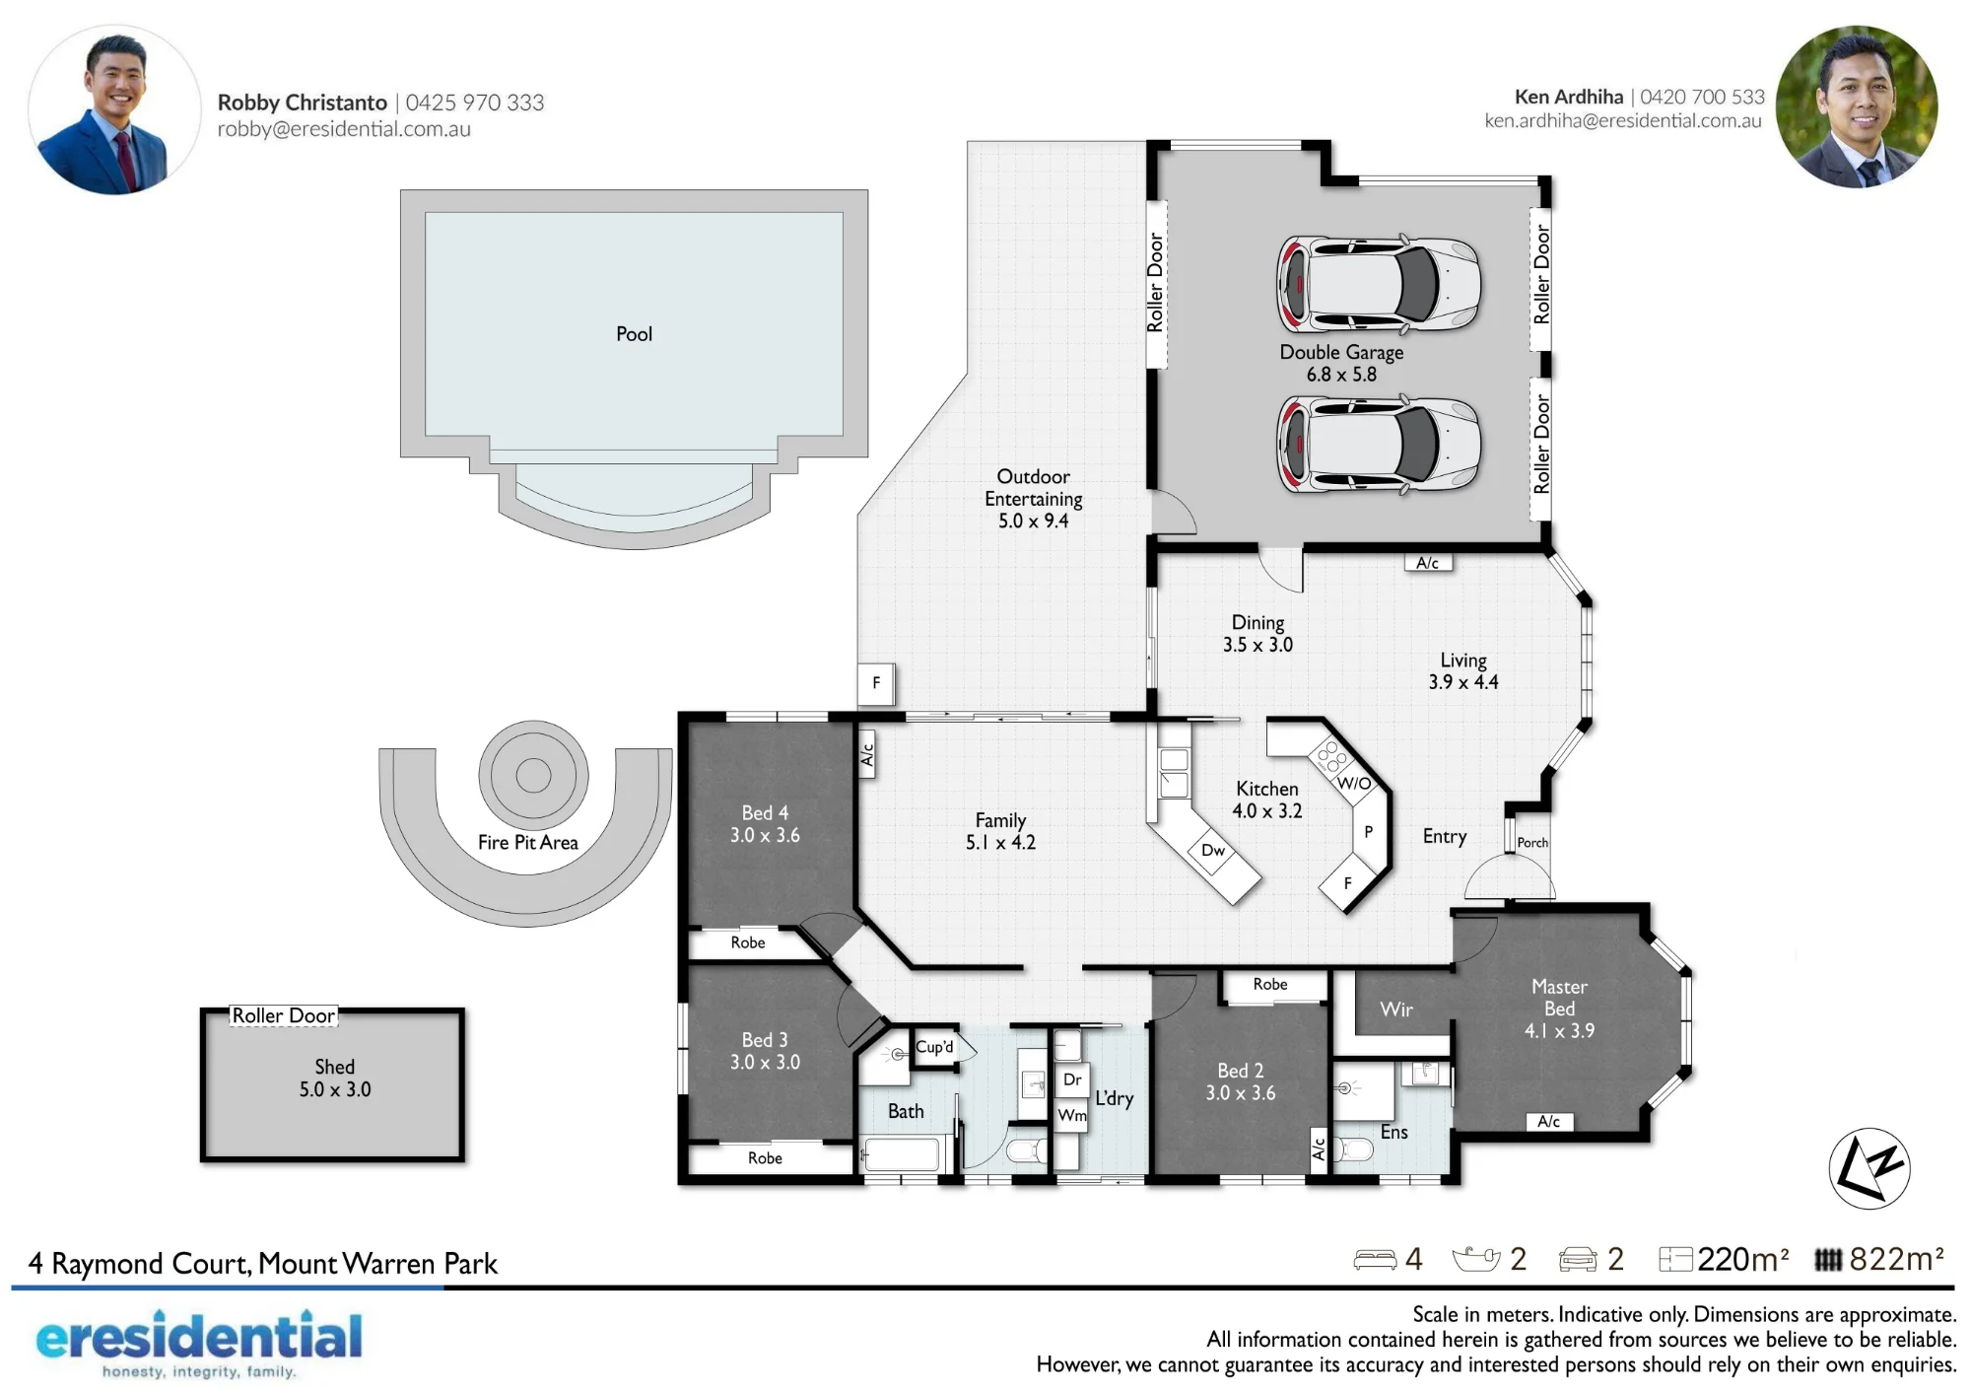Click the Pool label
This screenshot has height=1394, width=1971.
pyautogui.click(x=634, y=334)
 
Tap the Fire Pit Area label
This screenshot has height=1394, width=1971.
pyautogui.click(x=528, y=842)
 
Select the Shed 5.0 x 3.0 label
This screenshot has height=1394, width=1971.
pyautogui.click(x=335, y=1078)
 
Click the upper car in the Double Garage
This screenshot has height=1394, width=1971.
pyautogui.click(x=1379, y=283)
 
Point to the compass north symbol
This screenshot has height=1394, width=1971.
pyautogui.click(x=1869, y=1168)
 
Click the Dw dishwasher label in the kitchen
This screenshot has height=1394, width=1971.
pyautogui.click(x=1213, y=850)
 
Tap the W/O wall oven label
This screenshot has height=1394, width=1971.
pyautogui.click(x=1354, y=783)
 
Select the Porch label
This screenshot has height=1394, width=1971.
pyautogui.click(x=1532, y=842)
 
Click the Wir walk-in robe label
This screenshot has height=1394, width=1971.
pyautogui.click(x=1396, y=1009)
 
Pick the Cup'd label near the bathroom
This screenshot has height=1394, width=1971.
pyautogui.click(x=934, y=1046)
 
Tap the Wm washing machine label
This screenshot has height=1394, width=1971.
pyautogui.click(x=1072, y=1115)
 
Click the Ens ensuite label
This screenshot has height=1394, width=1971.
pyautogui.click(x=1393, y=1132)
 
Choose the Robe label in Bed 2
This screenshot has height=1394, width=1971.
pyautogui.click(x=1270, y=984)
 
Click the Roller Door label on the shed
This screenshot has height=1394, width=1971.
pyautogui.click(x=284, y=1015)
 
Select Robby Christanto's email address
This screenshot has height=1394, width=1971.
pyautogui.click(x=344, y=129)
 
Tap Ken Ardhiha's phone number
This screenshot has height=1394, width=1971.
pyautogui.click(x=1702, y=97)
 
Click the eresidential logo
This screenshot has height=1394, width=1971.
pyautogui.click(x=199, y=1342)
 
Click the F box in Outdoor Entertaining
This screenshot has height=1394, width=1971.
pyautogui.click(x=876, y=683)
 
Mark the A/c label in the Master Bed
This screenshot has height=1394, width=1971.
pyautogui.click(x=1548, y=1121)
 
